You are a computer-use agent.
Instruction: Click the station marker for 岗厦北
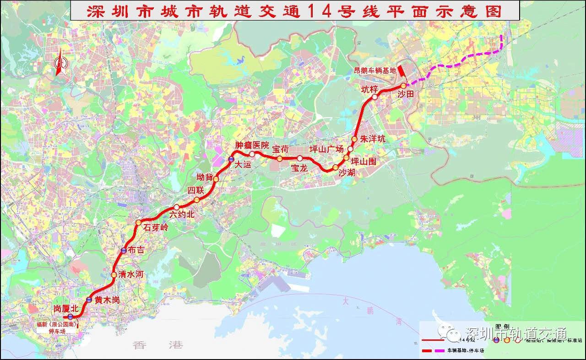[x=71, y=317]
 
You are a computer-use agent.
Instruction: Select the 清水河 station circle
[x=114, y=275]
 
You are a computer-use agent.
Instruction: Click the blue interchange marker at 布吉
[x=124, y=251]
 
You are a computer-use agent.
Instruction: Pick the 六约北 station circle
[x=176, y=207]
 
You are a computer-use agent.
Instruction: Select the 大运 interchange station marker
[x=231, y=159]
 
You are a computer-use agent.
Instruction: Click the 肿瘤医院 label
[x=252, y=145]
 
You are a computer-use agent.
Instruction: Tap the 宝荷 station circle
[x=279, y=159]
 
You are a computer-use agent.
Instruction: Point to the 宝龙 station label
[x=299, y=168]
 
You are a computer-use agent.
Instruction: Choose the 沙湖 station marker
[x=336, y=167]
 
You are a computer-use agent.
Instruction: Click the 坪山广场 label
[x=326, y=149]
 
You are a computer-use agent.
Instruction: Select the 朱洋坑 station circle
[x=354, y=139]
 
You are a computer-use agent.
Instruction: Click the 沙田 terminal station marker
[x=403, y=86]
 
